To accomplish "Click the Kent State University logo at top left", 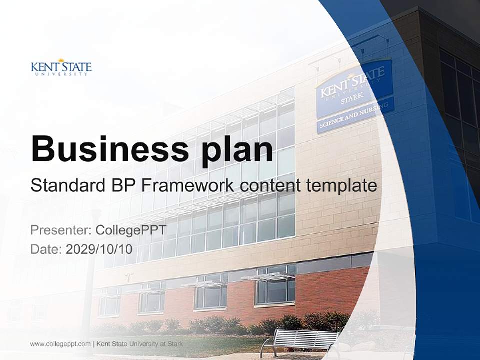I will tap(61, 67).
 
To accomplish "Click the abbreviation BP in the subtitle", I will tap(124, 186).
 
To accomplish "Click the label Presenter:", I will tap(60, 230).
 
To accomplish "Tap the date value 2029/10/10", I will tap(99, 249).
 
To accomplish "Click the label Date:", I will tap(46, 249).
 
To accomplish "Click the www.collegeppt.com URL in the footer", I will tap(60, 344).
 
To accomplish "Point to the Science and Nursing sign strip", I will tap(355, 115).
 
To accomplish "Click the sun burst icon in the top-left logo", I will tap(61, 61).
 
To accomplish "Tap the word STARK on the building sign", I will tap(351, 100).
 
